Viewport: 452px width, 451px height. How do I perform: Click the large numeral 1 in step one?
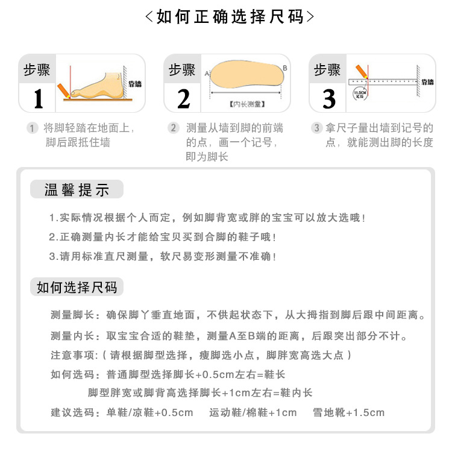tap(39, 98)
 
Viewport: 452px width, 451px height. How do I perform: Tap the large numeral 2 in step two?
tap(184, 98)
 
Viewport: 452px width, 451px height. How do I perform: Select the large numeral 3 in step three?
tap(329, 99)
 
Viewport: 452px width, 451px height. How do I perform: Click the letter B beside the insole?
tap(285, 67)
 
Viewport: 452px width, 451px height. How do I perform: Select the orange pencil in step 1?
tap(63, 90)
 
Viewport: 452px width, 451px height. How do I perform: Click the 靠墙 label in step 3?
tap(427, 81)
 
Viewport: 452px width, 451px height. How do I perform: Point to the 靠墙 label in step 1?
tap(135, 84)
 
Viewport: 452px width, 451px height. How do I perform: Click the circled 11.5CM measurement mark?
tap(359, 93)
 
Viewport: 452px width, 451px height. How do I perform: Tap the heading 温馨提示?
tap(77, 190)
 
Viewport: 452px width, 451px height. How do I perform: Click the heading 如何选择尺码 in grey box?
tap(77, 287)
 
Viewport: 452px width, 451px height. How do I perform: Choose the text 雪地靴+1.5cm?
tap(348, 413)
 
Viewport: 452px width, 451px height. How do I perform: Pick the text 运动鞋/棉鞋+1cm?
tap(253, 413)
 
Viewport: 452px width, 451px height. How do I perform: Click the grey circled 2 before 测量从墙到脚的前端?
tap(174, 128)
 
